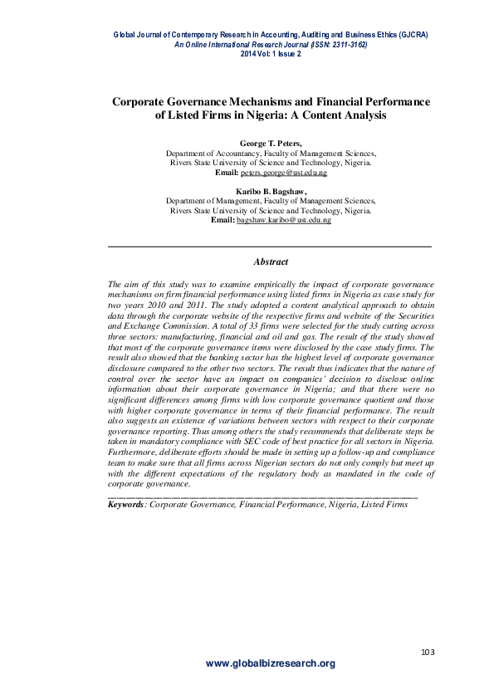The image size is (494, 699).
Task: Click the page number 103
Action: click(x=428, y=652)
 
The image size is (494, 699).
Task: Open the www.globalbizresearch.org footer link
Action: click(x=270, y=663)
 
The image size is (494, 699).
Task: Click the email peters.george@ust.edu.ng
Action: click(x=283, y=173)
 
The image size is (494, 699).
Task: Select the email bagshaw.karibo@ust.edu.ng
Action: click(x=283, y=220)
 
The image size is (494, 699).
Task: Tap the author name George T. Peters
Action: click(x=270, y=144)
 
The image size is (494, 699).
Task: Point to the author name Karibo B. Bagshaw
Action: click(x=270, y=191)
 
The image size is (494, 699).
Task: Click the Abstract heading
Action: click(x=271, y=261)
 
